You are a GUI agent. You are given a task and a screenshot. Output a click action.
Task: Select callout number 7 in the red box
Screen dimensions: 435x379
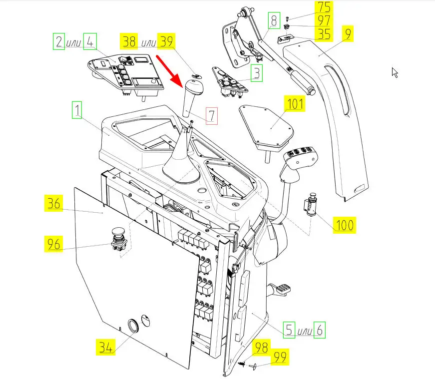[x=212, y=116]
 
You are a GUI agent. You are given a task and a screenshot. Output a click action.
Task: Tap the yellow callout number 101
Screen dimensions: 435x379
[x=295, y=104]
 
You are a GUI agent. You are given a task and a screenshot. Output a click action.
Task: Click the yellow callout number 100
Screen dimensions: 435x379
[x=344, y=225]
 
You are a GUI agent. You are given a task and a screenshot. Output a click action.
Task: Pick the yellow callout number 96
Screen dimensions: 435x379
[x=53, y=244]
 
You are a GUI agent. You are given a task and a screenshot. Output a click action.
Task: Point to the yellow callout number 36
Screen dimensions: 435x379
[x=53, y=203]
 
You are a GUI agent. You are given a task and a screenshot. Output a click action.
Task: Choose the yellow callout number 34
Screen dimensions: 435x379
[x=105, y=347]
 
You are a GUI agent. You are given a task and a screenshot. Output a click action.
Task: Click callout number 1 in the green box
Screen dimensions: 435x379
[x=77, y=110]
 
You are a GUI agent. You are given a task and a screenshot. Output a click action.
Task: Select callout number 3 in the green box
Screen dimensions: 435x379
[x=257, y=73]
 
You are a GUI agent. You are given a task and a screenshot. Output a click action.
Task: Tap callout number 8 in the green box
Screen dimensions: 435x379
[x=274, y=20]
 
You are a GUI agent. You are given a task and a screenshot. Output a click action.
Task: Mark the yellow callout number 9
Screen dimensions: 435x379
[x=348, y=33]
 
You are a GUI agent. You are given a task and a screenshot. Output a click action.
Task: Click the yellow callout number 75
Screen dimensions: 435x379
[x=324, y=7]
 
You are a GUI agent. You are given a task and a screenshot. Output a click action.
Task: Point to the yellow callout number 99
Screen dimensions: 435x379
[x=280, y=357]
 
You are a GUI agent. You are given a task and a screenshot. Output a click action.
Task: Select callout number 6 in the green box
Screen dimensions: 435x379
[x=319, y=330]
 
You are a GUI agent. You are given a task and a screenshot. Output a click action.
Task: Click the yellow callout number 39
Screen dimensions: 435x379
[x=166, y=41]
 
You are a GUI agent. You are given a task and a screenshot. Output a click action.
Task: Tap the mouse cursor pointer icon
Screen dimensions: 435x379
[x=395, y=73]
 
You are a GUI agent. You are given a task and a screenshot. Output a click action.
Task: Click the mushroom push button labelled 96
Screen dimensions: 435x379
[x=119, y=239]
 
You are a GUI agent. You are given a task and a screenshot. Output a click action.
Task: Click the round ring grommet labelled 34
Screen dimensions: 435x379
[x=134, y=326]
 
